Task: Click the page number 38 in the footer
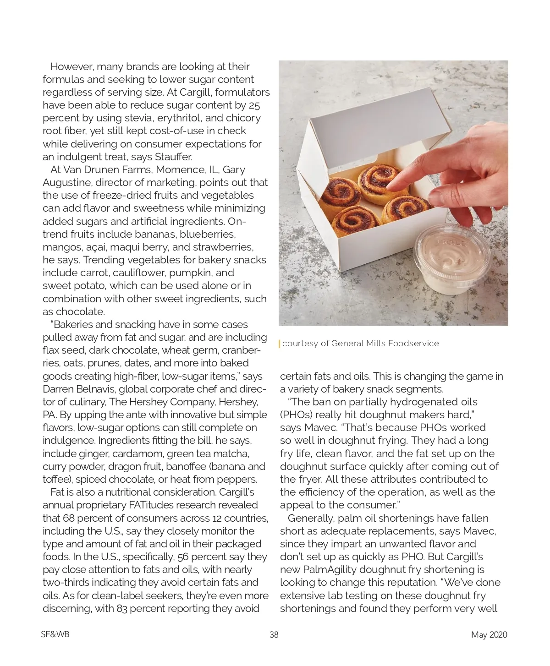coord(274,634)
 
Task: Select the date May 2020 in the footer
coord(489,634)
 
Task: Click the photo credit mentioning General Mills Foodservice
coord(360,344)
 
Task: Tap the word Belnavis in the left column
coord(94,389)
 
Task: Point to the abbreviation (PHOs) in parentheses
coord(296,415)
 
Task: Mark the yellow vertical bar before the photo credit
coord(280,344)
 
